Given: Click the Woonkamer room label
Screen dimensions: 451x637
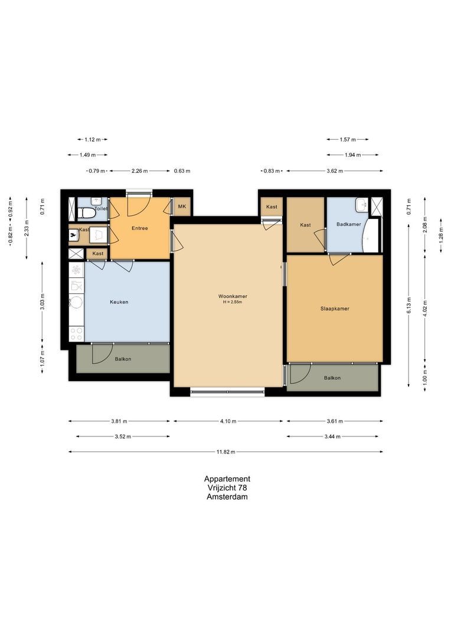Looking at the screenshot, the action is [x=233, y=296].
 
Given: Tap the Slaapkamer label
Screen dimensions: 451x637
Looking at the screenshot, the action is [x=335, y=308].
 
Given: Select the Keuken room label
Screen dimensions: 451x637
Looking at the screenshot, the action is [x=119, y=302].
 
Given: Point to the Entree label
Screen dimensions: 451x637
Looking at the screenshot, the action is [x=139, y=228].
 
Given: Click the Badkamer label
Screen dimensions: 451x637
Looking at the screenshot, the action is [x=348, y=224].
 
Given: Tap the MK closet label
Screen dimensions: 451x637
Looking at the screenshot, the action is [x=182, y=206].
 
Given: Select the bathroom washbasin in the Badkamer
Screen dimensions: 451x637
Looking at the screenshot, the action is [x=361, y=205].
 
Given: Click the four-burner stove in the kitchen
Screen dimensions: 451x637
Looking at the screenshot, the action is [x=76, y=334].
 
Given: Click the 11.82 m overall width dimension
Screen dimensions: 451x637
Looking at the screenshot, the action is [x=225, y=452].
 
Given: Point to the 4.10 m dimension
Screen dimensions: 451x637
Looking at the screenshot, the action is [x=228, y=421].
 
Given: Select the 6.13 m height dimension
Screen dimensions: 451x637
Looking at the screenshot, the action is [x=409, y=305].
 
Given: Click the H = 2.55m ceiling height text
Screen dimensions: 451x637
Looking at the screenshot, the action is [x=233, y=302].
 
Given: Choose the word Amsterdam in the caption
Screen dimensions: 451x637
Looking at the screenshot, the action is [x=227, y=497].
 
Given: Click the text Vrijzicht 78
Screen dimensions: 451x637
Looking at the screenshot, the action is [x=227, y=488].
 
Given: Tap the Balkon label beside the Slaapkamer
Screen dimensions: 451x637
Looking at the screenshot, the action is [x=332, y=378].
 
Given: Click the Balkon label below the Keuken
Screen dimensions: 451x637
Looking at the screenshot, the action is [x=123, y=359].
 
